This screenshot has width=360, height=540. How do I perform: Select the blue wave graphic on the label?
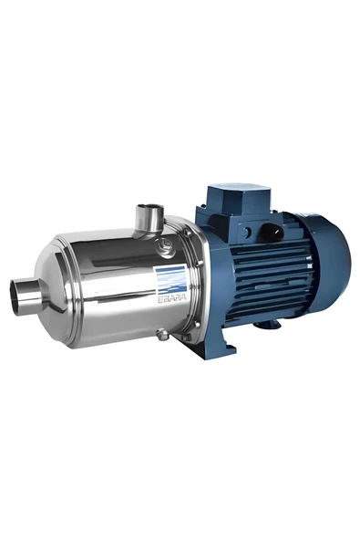click(170, 277)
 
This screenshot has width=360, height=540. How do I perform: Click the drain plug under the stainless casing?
click(162, 335)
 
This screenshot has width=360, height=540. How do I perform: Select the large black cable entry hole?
click(268, 233)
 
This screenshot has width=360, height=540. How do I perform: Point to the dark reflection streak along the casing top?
click(109, 242)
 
